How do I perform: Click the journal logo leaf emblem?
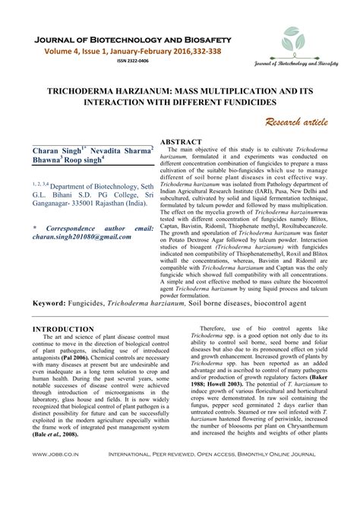(x=295, y=45)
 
